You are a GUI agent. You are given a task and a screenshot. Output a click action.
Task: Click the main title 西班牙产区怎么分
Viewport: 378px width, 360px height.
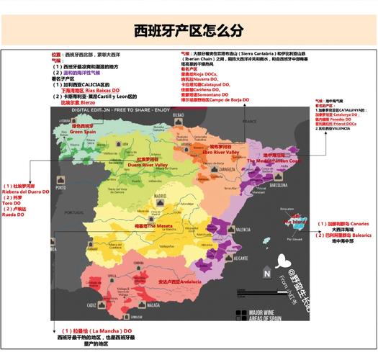coord(189,30)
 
